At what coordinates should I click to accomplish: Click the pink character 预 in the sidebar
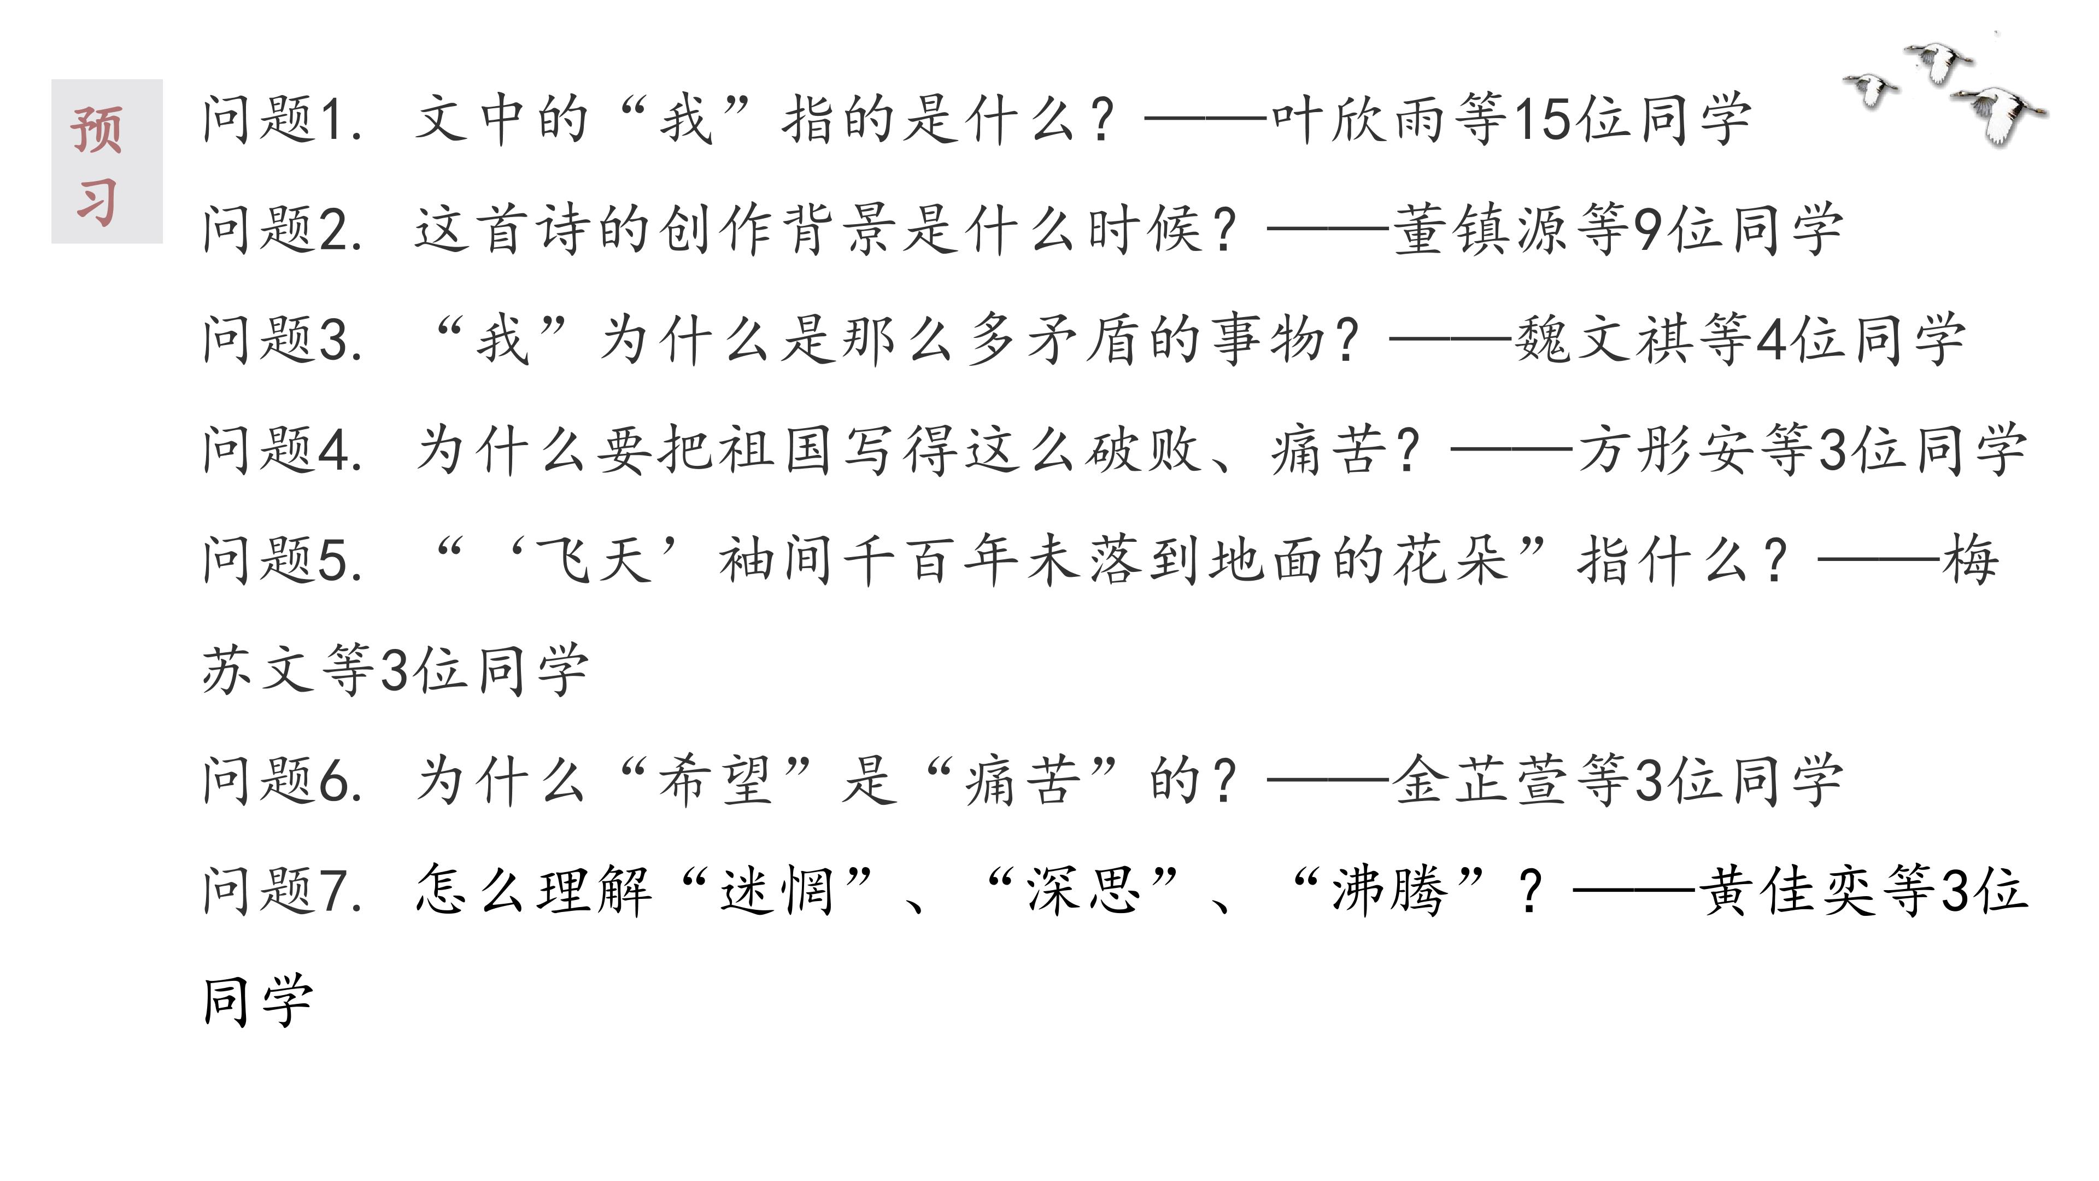(x=97, y=131)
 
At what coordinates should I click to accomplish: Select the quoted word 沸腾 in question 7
(x=1390, y=890)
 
